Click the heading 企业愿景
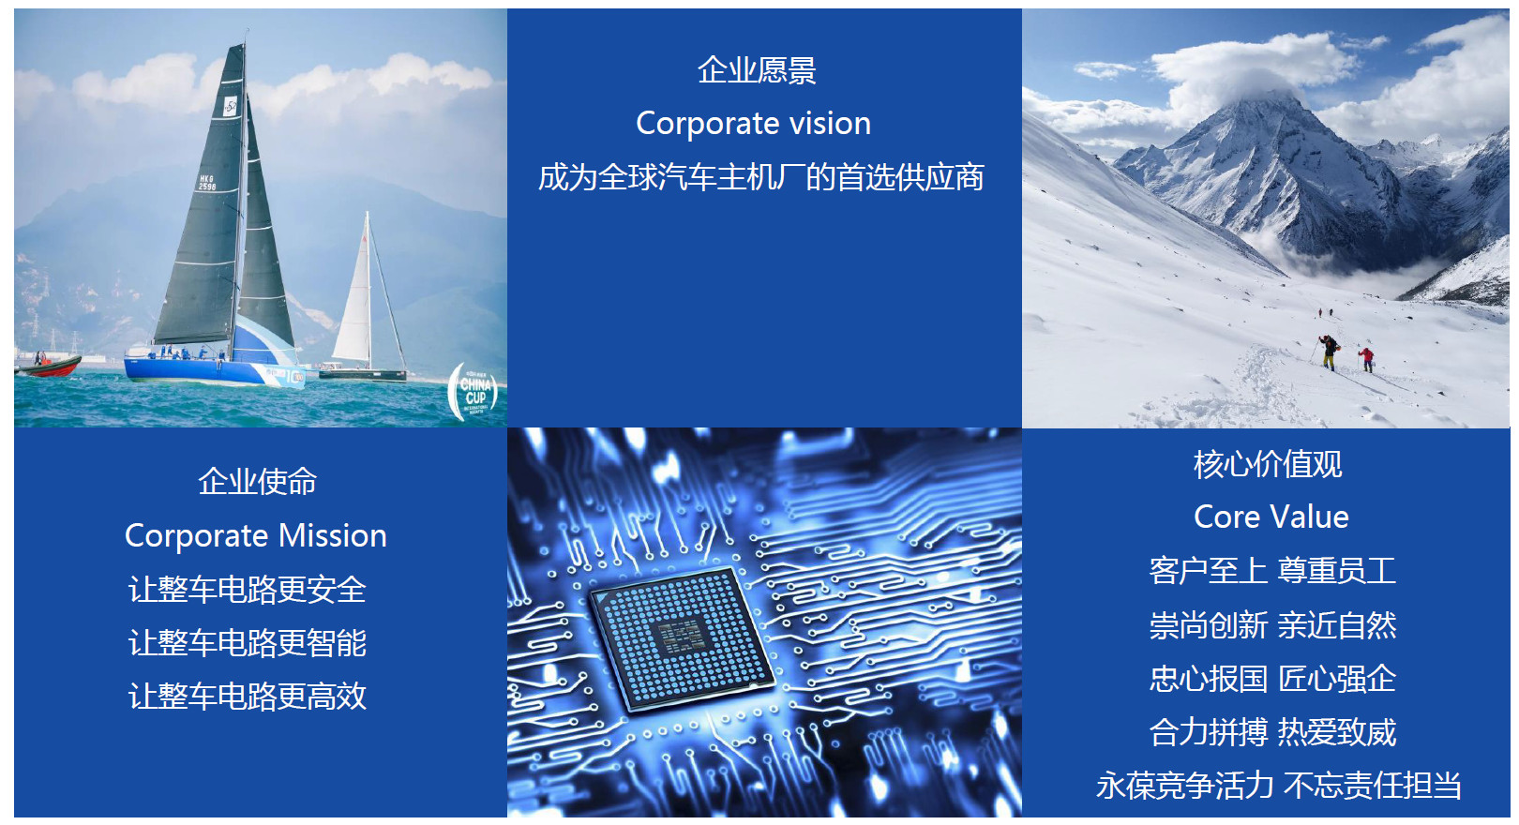point(757,70)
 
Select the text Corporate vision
point(753,124)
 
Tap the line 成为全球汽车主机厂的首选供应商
point(760,177)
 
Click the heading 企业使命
point(257,482)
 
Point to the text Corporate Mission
point(256,535)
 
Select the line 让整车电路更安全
point(248,589)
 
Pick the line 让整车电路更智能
point(248,642)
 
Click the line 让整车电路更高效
point(248,697)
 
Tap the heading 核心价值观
point(1268,464)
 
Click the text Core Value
point(1271,517)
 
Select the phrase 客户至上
point(1209,571)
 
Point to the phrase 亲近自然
point(1337,625)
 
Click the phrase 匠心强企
point(1337,679)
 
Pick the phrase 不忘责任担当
point(1372,786)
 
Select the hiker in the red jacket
point(1366,359)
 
